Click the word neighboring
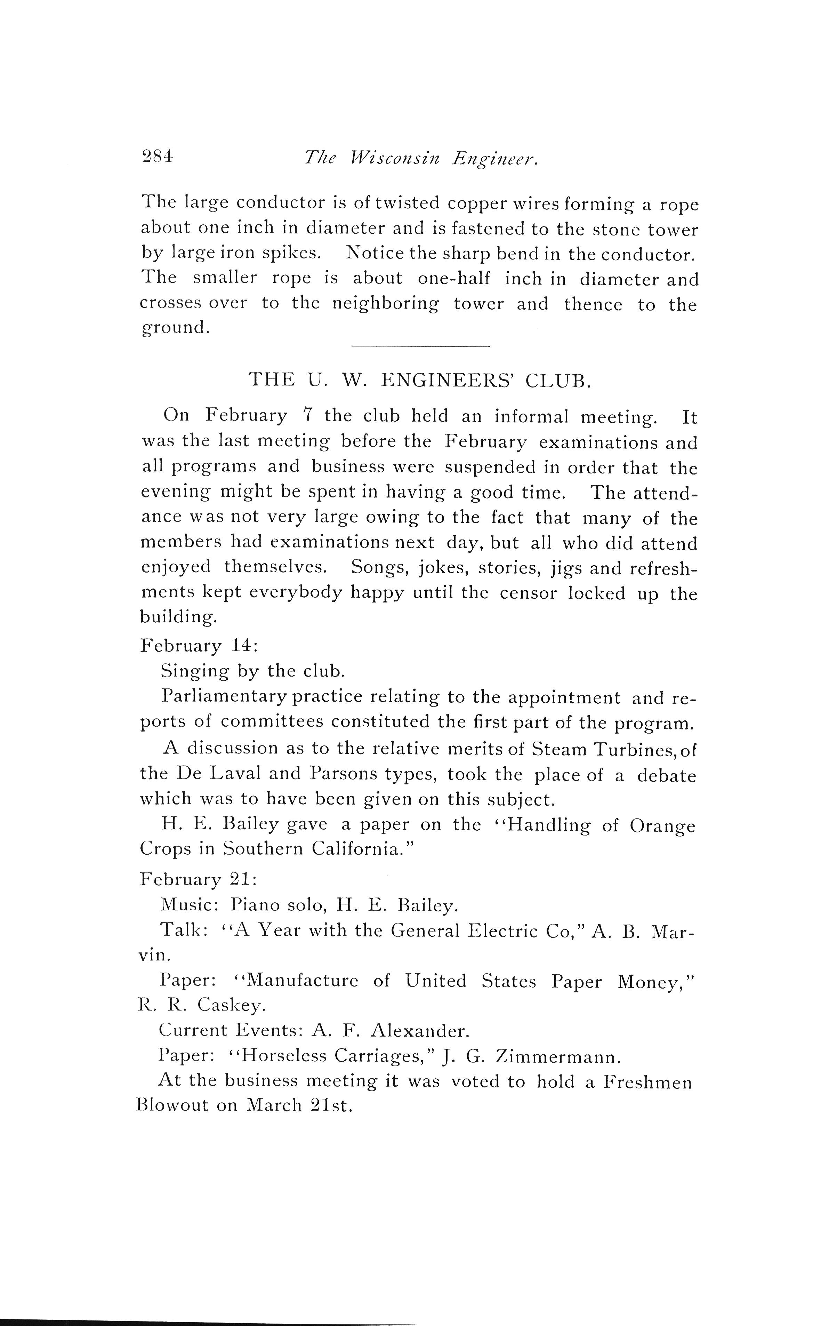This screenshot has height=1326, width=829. click(x=385, y=304)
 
